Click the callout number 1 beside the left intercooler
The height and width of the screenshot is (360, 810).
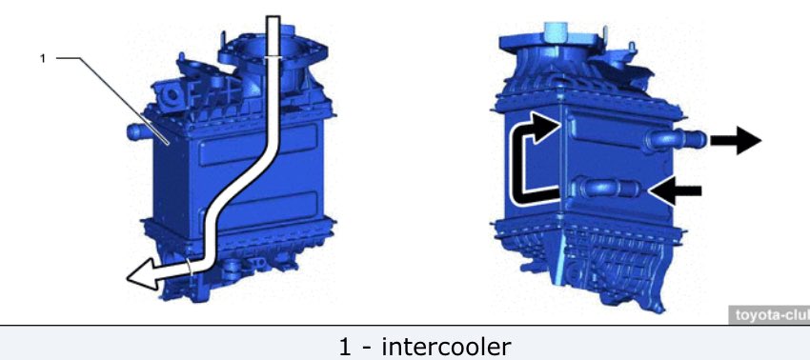(43, 59)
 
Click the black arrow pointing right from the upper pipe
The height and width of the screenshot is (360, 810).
(736, 140)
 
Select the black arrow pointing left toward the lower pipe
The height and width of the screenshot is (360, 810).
(675, 191)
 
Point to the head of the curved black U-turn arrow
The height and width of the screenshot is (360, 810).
(547, 127)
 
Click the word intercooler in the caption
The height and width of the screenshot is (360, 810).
(446, 347)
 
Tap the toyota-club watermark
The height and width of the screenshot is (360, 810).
(769, 315)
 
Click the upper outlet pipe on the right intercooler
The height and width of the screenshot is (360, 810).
(676, 139)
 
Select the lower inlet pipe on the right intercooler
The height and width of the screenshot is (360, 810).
(608, 188)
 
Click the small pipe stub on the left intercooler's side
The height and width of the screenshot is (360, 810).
(138, 131)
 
